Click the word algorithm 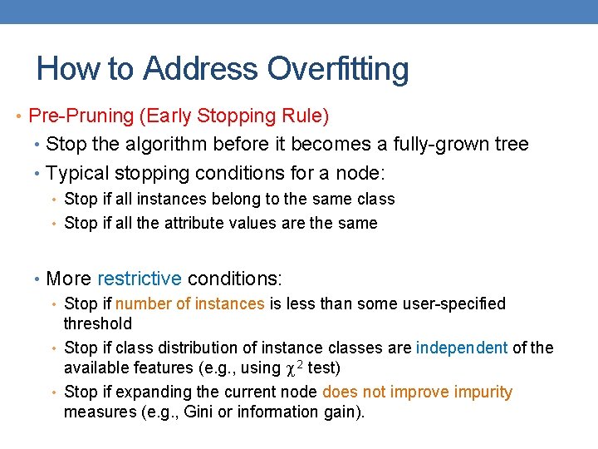(164, 144)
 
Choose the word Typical (79, 173)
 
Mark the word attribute (194, 223)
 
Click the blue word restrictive (140, 278)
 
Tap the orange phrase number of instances (189, 303)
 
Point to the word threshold (97, 323)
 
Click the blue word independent (462, 348)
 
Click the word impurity (481, 392)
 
